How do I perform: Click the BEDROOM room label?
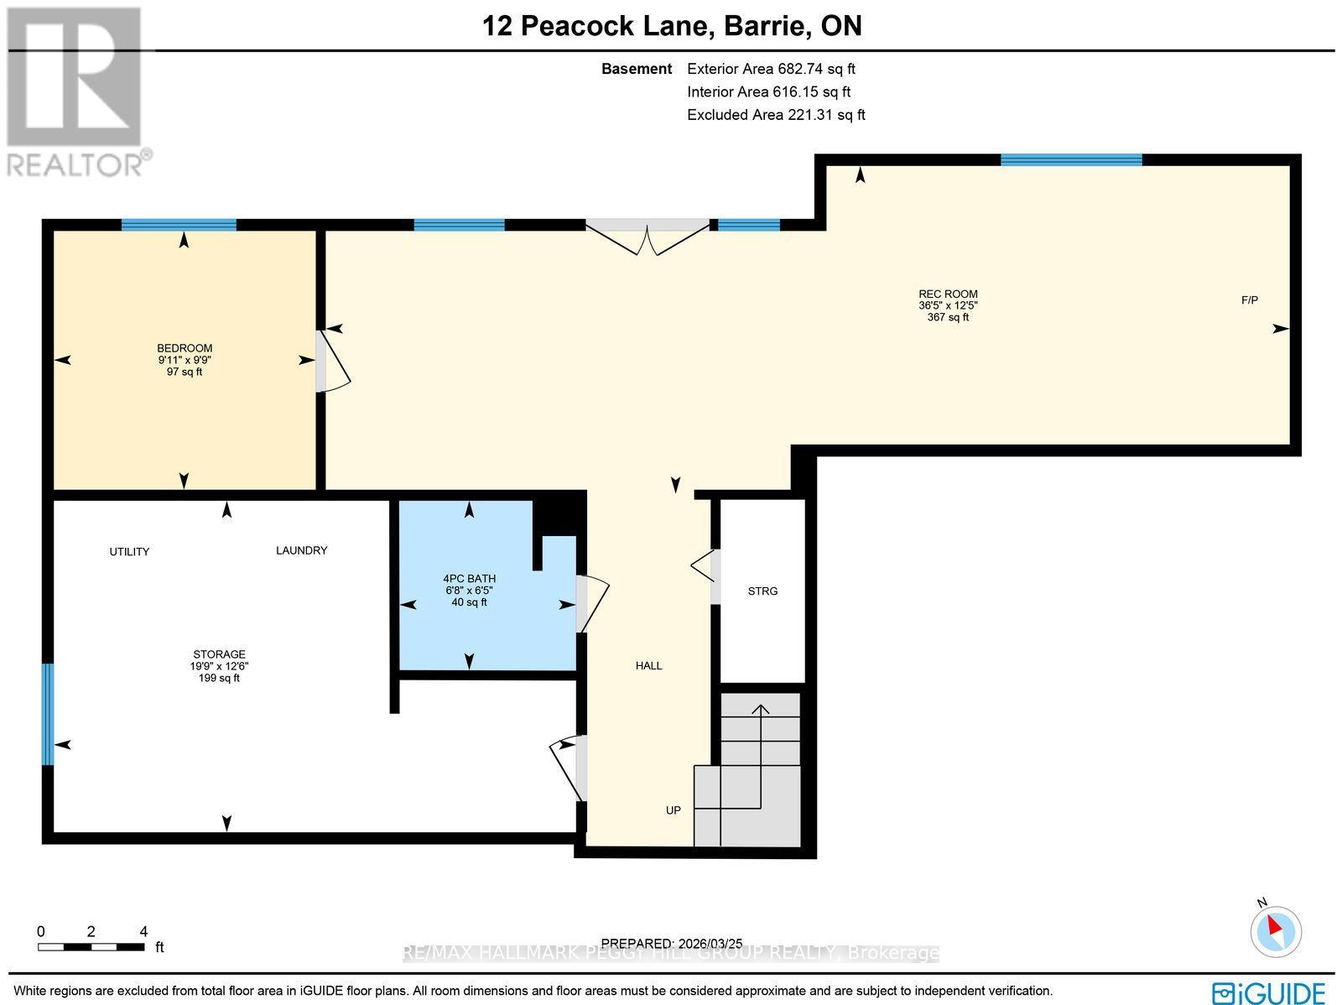coord(185,348)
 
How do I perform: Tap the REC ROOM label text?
coord(948,294)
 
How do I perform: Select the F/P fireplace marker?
coord(1250,300)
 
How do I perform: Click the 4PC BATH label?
coord(469,579)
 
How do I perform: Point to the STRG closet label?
coord(762,591)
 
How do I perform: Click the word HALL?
coord(648,666)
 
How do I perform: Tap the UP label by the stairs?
coord(673,810)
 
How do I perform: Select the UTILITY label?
coord(129,552)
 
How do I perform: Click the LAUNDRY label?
coord(301,551)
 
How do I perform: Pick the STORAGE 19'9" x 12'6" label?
coord(219,666)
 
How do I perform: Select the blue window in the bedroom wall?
coord(179,225)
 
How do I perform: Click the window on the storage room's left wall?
coord(48,714)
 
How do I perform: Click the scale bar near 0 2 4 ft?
coord(91,947)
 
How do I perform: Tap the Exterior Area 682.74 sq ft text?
coord(771,70)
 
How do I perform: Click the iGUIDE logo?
coord(1269,992)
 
